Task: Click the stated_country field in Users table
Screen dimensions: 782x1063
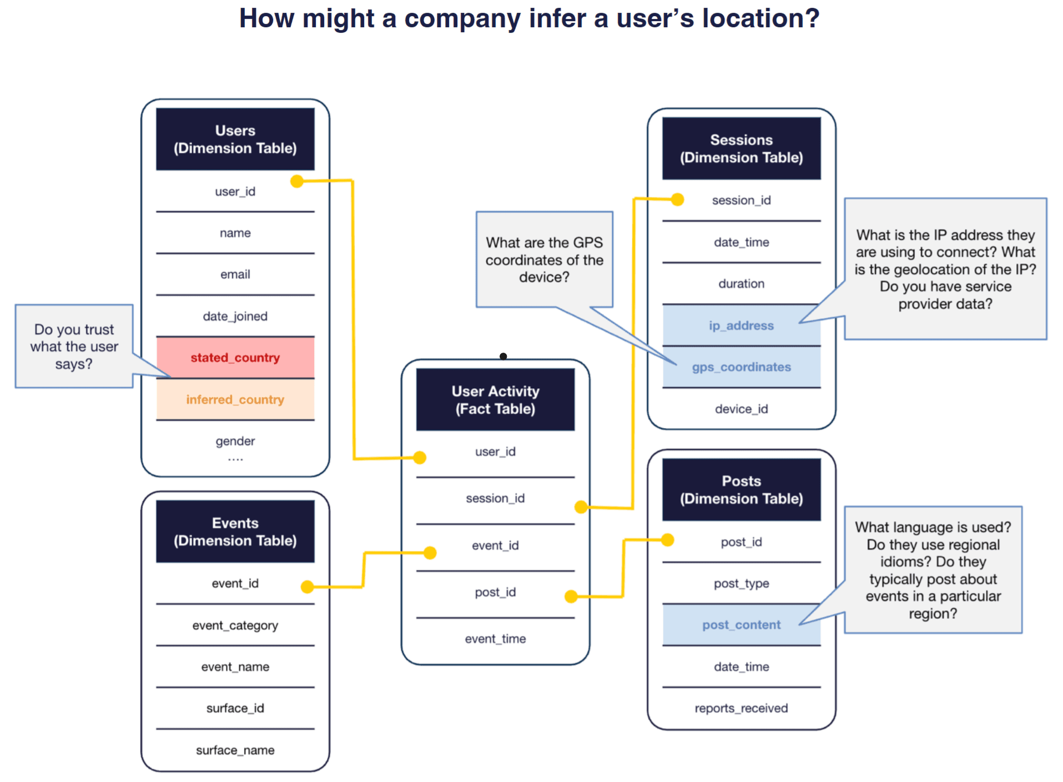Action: coord(235,358)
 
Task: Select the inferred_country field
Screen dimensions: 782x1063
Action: coord(235,399)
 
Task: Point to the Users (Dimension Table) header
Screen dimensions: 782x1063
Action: coord(235,139)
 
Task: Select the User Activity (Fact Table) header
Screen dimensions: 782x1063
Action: coord(495,400)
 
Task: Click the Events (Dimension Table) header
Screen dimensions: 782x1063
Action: coord(235,532)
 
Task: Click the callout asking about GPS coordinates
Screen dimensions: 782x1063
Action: coord(544,259)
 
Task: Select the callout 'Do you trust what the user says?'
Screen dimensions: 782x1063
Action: coord(74,346)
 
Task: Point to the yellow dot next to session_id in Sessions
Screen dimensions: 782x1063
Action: coord(677,199)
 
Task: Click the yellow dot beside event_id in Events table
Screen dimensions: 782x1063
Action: coord(307,586)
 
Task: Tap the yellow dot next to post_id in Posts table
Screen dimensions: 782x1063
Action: coord(668,540)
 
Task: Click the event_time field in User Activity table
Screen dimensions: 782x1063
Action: coord(495,639)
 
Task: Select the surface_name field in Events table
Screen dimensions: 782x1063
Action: coord(235,750)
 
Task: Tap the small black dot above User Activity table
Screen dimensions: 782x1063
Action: coord(503,357)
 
